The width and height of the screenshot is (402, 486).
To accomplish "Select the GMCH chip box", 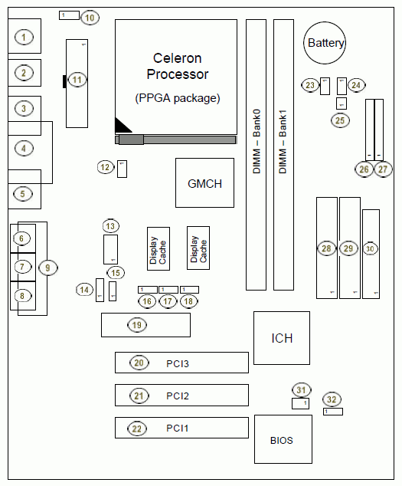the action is (x=204, y=183).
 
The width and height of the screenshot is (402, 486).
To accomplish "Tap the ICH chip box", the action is (x=282, y=338).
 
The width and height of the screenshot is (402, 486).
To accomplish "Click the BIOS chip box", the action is (x=283, y=439).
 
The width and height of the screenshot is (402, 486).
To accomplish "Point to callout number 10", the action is (x=90, y=18).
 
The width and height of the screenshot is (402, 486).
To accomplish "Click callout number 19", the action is (x=137, y=325).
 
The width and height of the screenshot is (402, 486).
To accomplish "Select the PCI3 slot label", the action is (x=178, y=363).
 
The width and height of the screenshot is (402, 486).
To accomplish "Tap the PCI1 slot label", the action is (x=178, y=428).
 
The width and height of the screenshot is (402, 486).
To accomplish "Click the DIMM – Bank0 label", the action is (x=257, y=141).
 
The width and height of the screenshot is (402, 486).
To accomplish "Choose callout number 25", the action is (x=340, y=120).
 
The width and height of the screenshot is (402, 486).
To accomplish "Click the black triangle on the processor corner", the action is (x=121, y=126).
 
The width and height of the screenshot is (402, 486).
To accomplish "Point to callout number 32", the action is (x=332, y=399).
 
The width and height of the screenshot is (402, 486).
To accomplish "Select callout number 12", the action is (x=106, y=167).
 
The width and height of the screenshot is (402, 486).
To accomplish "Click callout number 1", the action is (x=24, y=38).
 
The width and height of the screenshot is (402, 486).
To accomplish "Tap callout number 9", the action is (x=47, y=268).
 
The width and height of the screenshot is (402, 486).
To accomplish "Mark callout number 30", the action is (x=370, y=248).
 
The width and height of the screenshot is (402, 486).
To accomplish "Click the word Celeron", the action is (x=178, y=58).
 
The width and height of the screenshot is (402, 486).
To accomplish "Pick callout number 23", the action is (x=310, y=85).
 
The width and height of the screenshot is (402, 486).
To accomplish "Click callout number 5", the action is (x=23, y=194).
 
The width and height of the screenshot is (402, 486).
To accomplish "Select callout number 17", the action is (x=168, y=301).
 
